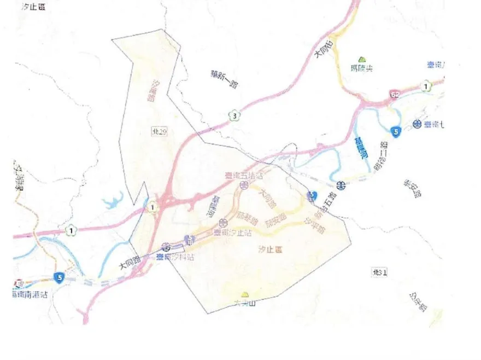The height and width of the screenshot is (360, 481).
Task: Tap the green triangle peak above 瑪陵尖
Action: [361, 59]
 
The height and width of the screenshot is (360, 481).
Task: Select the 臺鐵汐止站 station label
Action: [232, 233]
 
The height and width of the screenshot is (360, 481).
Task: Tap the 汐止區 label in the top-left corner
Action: [33, 7]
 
